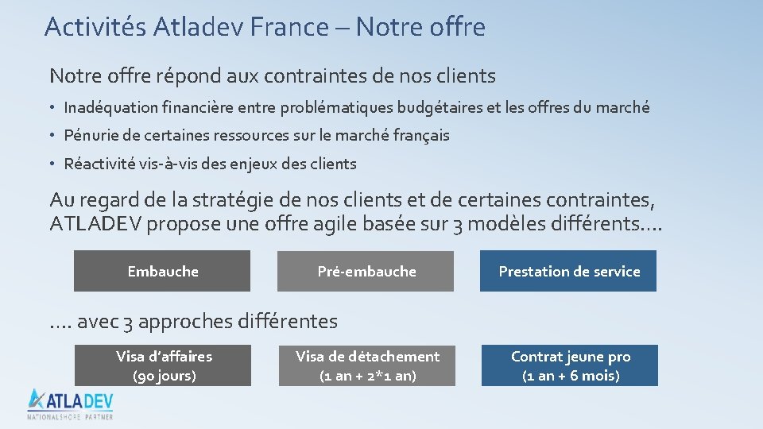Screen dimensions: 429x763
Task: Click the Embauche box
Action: [162, 271]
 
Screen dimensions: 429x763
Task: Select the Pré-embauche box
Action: [366, 271]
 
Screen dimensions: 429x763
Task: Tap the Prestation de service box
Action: [568, 271]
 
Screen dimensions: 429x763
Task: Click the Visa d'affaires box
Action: [163, 365]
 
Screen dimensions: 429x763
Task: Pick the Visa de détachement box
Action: [367, 365]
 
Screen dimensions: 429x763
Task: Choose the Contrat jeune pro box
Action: [570, 365]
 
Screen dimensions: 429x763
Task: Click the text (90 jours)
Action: [164, 376]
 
